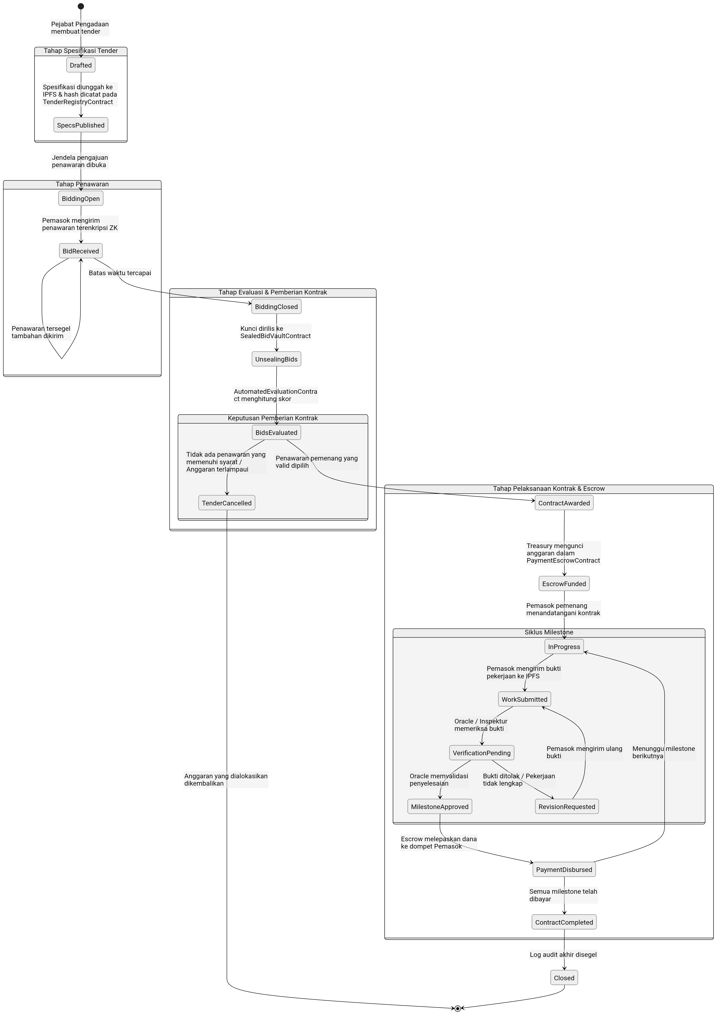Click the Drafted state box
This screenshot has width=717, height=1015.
(x=81, y=65)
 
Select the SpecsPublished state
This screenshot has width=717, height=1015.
(x=81, y=125)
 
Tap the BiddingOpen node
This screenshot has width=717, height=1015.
(x=81, y=198)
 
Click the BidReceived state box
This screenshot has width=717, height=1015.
(x=81, y=251)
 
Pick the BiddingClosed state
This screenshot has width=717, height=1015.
(x=277, y=307)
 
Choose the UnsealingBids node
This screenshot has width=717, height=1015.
(x=277, y=359)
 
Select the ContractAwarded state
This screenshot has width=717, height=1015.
(x=564, y=503)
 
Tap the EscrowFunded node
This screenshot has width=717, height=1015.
(x=564, y=584)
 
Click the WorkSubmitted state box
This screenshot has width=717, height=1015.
(x=524, y=699)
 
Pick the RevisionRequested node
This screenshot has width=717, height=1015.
(x=567, y=807)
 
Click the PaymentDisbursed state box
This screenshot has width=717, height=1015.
(x=564, y=869)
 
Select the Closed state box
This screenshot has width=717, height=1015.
(x=564, y=978)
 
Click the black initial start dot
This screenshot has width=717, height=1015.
(x=81, y=6)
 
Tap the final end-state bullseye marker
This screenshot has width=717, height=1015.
(x=458, y=1008)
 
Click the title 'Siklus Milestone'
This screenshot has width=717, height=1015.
(x=549, y=632)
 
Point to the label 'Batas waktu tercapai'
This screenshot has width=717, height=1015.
(x=120, y=273)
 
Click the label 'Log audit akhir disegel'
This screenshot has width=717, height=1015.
(x=563, y=954)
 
